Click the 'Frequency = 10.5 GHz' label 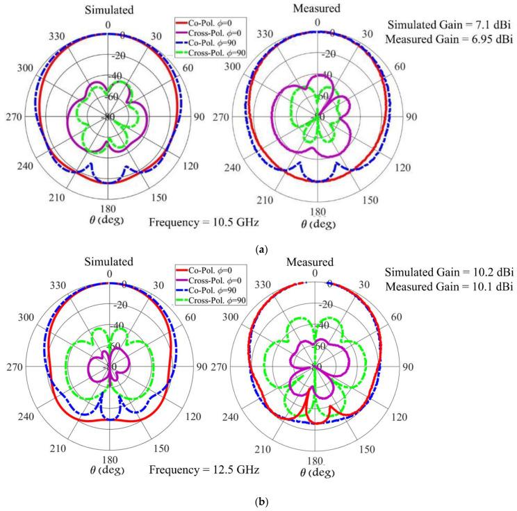pos(204,222)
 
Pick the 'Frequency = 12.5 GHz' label pos(204,470)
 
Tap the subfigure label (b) pos(258,498)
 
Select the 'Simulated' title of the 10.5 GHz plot pos(106,10)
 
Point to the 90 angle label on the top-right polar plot pos(411,117)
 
